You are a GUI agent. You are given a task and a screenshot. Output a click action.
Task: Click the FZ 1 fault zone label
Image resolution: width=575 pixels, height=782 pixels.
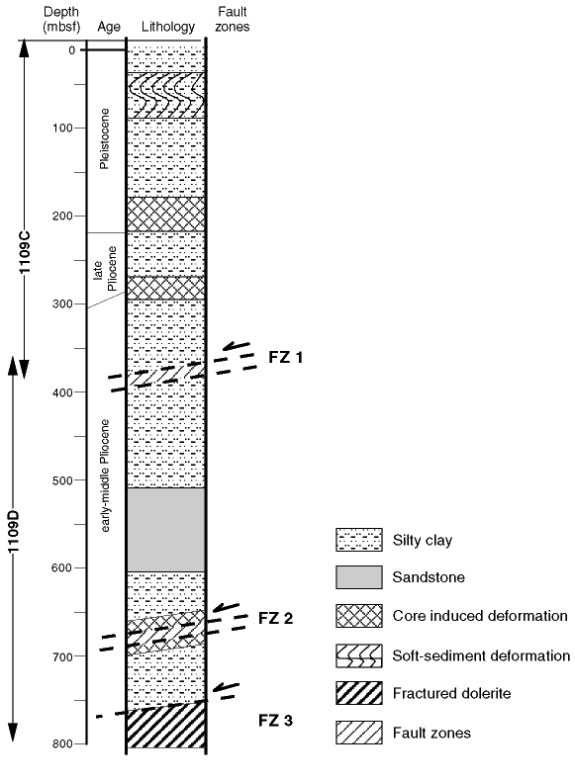tap(285, 357)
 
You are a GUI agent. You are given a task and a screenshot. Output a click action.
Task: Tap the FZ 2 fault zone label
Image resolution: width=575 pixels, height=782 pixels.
tap(275, 619)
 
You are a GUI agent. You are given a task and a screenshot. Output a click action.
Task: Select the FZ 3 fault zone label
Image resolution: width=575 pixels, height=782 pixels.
tap(275, 720)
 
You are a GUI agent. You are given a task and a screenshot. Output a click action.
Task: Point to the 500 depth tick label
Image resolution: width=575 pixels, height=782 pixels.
tap(62, 480)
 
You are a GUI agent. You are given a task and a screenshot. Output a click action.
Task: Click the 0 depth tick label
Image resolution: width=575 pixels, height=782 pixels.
tap(72, 50)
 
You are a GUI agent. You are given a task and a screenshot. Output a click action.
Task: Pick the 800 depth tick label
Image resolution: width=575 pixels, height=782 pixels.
tap(62, 744)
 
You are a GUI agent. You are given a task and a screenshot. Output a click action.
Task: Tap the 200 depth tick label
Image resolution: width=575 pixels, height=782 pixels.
tap(62, 216)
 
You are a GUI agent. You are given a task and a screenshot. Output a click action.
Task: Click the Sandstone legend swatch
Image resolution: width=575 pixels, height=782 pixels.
tap(359, 577)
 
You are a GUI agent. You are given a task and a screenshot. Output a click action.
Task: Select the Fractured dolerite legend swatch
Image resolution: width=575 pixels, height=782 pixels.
tap(359, 693)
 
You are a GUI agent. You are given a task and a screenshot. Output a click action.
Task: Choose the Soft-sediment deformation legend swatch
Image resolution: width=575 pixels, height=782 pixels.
tap(359, 655)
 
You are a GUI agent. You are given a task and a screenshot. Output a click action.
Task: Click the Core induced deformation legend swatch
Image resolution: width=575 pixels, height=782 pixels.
tap(359, 616)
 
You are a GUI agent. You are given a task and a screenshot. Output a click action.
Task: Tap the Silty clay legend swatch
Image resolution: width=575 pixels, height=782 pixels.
tap(359, 540)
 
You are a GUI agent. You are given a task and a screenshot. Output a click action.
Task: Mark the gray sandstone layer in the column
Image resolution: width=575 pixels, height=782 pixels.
tap(166, 530)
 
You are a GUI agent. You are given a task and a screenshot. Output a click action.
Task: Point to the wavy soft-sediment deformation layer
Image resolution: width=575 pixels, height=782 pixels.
tap(166, 95)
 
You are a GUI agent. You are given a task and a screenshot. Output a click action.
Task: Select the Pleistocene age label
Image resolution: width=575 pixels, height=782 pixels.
tap(104, 138)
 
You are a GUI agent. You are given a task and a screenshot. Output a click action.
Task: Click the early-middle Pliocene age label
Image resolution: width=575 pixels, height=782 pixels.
tap(105, 476)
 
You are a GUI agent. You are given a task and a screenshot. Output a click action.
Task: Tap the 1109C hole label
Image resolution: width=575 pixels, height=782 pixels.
tap(25, 252)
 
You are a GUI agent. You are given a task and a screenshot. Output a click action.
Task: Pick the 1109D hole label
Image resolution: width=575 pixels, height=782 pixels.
tap(13, 531)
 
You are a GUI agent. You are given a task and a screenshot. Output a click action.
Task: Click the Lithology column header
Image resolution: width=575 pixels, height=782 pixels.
tap(168, 27)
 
